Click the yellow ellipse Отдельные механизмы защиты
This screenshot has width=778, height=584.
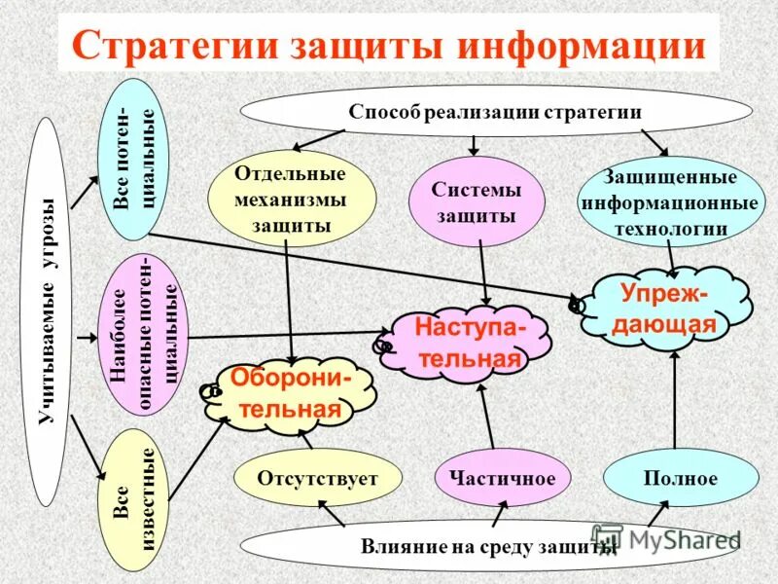tap(292, 200)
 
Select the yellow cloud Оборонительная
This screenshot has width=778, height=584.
tap(291, 393)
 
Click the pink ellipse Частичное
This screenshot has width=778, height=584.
tap(502, 478)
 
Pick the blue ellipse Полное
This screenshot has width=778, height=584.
tap(680, 478)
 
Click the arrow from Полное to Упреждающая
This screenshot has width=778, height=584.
tap(674, 403)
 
